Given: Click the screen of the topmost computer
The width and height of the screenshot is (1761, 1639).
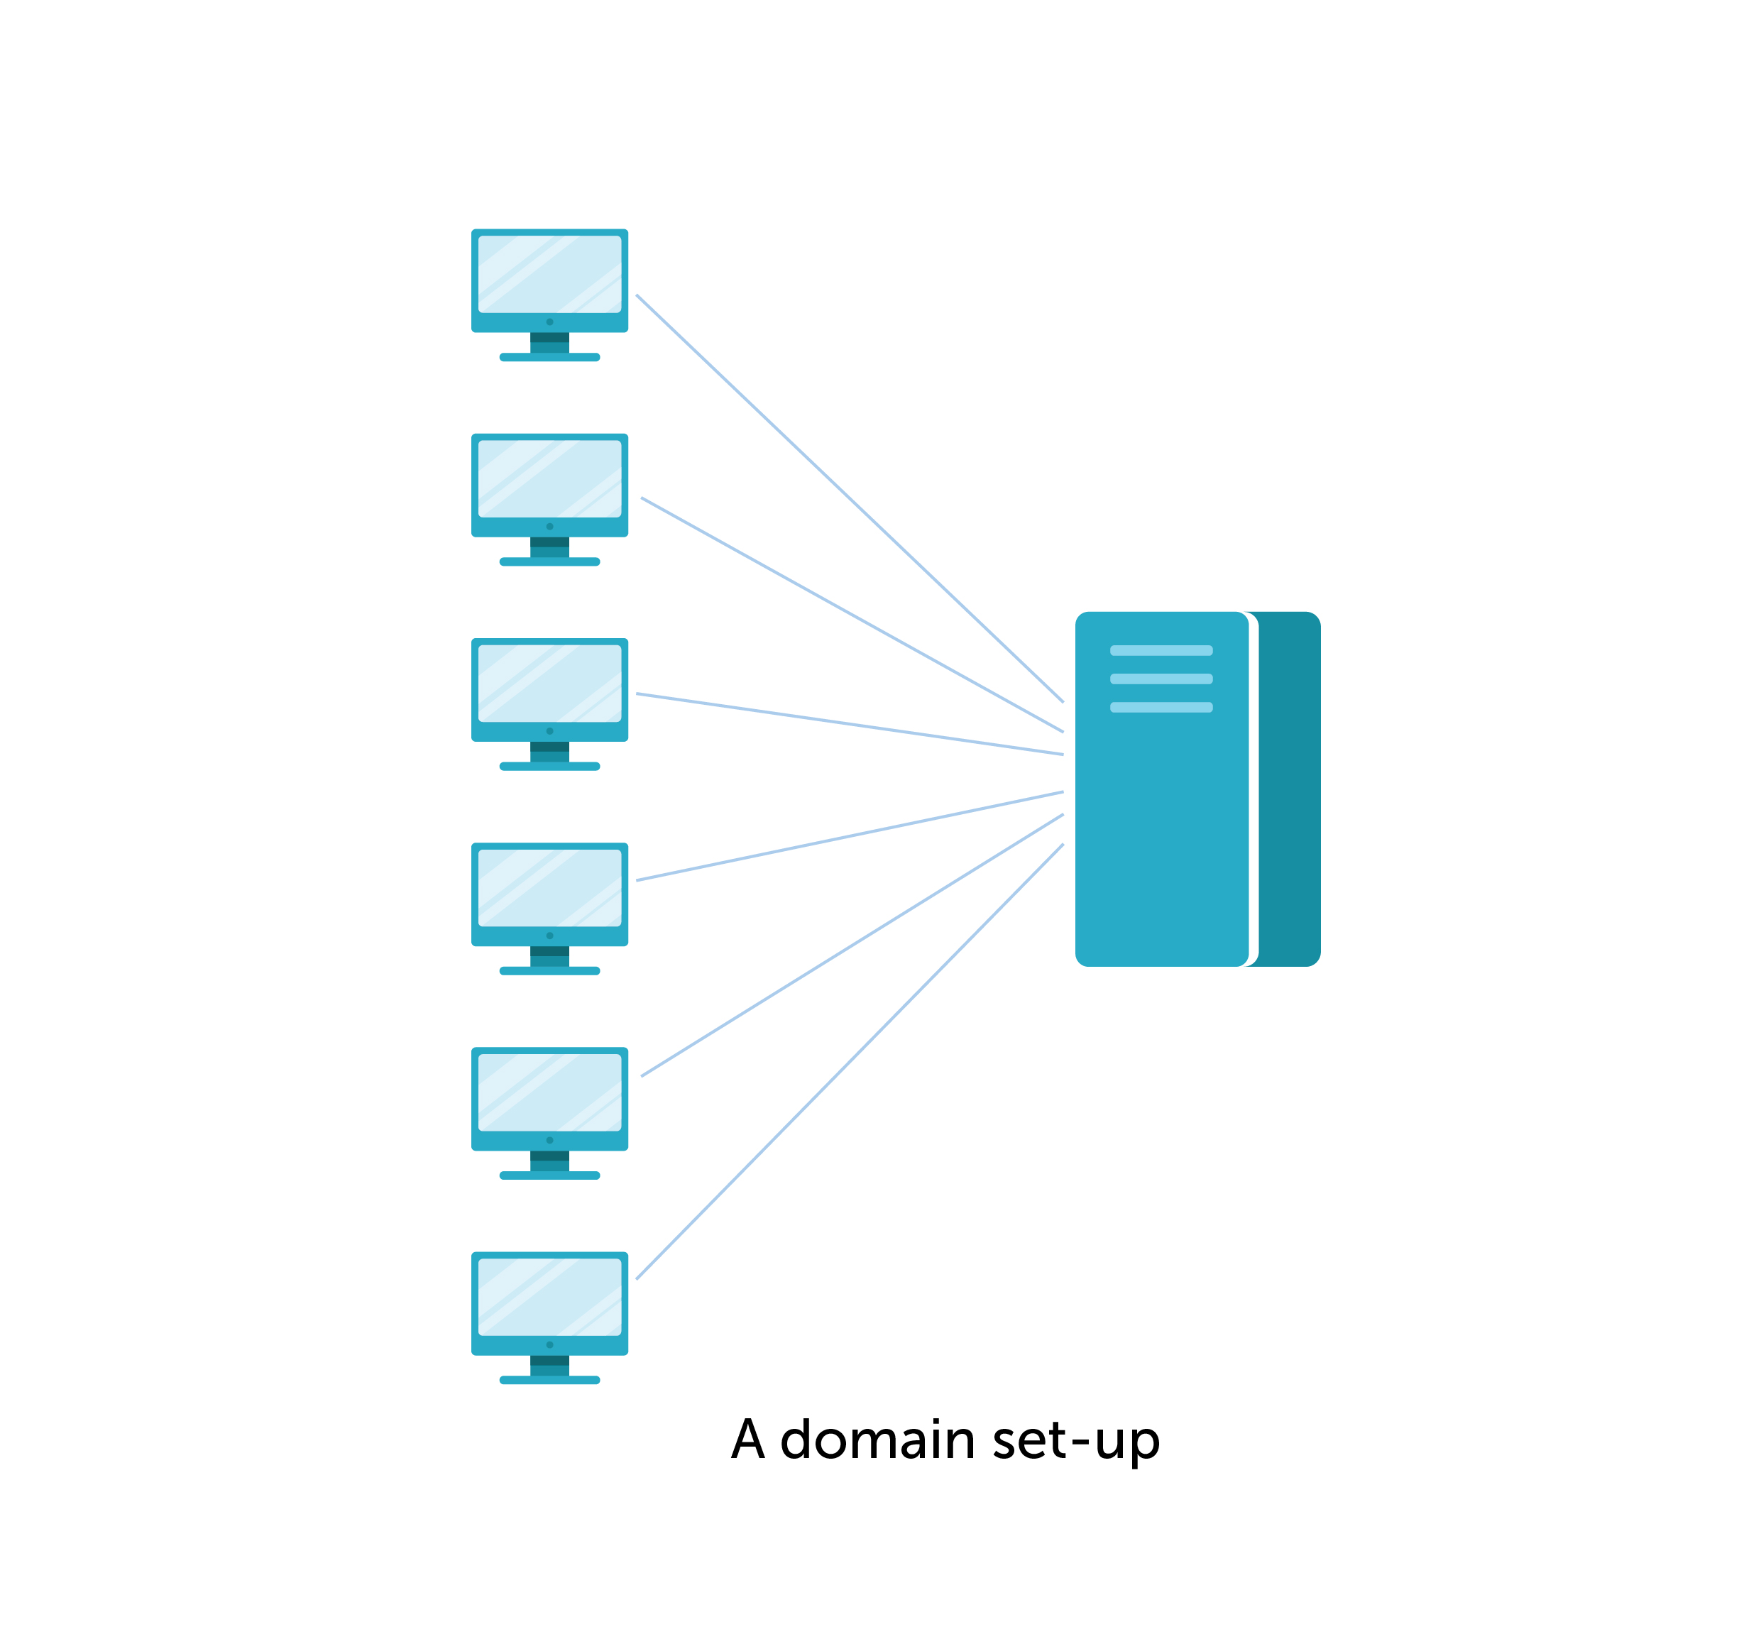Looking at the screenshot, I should point(549,274).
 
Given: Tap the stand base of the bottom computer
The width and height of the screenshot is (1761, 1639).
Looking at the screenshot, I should point(549,1379).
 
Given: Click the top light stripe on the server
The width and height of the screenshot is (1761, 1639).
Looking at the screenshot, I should point(1161,650).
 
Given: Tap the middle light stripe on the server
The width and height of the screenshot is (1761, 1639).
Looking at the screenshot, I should point(1161,679).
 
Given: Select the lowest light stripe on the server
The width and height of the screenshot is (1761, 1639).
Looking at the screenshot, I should point(1161,707).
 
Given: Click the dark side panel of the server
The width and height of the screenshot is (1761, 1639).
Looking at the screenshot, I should point(1289,789).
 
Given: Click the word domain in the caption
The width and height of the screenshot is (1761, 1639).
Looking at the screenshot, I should point(877,1440).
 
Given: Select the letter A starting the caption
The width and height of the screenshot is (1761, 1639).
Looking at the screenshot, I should point(747,1440).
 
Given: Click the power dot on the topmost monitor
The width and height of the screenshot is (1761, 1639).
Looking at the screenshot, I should point(549,322).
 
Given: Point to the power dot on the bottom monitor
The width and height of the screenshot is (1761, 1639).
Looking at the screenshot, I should point(549,1344).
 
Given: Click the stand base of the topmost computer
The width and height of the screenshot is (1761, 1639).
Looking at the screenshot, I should point(549,357).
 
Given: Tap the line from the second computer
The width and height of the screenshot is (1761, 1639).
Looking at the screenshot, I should point(850,614).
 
